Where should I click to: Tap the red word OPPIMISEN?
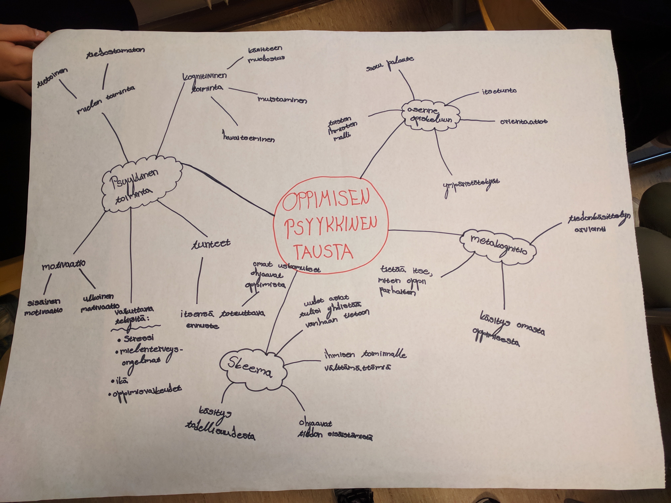click(x=326, y=200)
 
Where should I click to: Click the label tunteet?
click(x=211, y=244)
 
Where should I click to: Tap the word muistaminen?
click(x=282, y=100)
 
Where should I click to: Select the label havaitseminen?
click(x=249, y=138)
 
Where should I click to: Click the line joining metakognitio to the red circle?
click(x=425, y=232)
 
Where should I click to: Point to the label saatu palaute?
click(x=390, y=64)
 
